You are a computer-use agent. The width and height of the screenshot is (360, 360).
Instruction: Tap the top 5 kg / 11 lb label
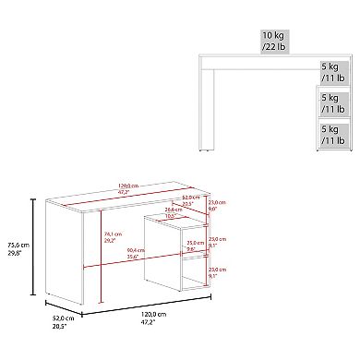point(332,72)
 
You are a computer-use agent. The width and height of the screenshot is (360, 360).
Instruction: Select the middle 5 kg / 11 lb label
point(332,102)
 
